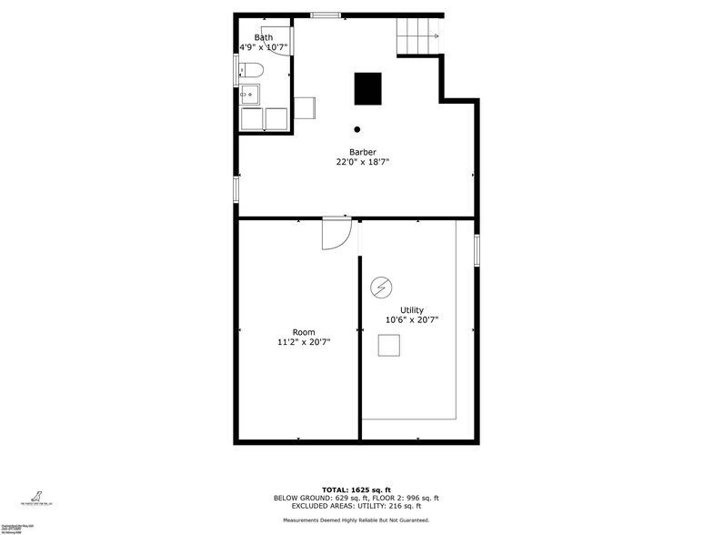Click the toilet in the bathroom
252,69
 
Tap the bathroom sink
248,94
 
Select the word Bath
263,37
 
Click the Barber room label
362,152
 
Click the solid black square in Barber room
367,88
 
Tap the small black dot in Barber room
357,129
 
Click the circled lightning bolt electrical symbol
380,288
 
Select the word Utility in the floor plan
411,310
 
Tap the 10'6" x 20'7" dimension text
411,320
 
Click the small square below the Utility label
389,346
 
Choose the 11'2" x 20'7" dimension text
304,342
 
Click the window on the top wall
326,15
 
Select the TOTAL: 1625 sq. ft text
356,490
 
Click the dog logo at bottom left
37,496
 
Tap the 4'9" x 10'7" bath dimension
263,47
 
